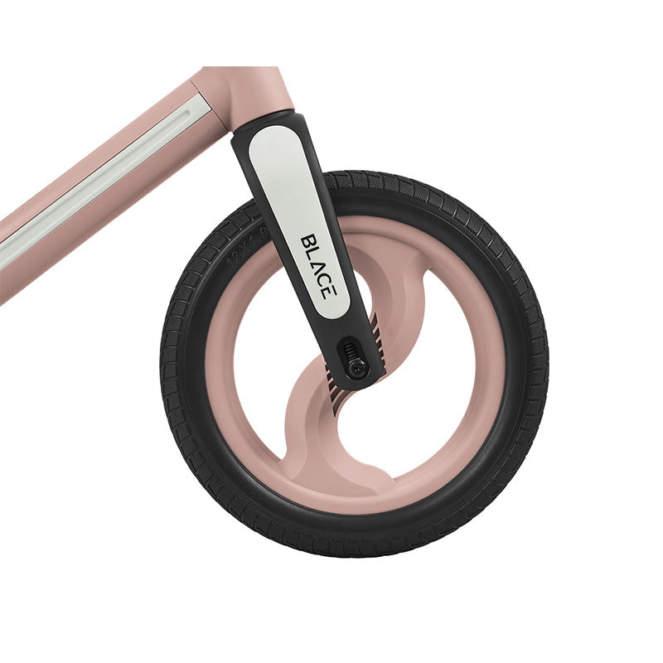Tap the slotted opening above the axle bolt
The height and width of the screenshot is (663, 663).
(351, 348)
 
